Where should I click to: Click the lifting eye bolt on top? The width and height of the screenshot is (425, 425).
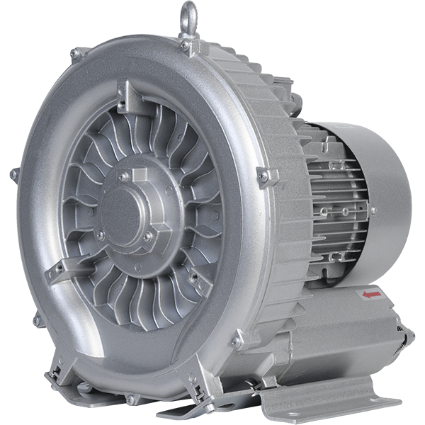pyautogui.click(x=188, y=17)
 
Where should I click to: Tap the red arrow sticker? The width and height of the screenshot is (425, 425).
pyautogui.click(x=370, y=293)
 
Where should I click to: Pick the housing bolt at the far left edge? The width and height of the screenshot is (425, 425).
pyautogui.click(x=13, y=174)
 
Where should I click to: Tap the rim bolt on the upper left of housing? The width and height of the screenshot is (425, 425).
pyautogui.click(x=76, y=54)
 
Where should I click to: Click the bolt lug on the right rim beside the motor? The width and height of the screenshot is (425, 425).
pyautogui.click(x=266, y=176)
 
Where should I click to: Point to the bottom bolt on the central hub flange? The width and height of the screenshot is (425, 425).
pyautogui.click(x=147, y=237)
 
